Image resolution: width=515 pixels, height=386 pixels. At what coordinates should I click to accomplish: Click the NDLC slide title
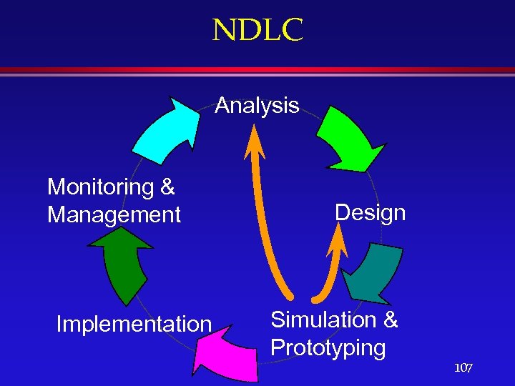(257, 30)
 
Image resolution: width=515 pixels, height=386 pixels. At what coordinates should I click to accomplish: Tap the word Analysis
(257, 106)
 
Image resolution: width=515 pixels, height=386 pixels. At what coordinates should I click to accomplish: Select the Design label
(370, 213)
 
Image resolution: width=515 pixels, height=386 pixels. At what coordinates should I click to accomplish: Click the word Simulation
(323, 320)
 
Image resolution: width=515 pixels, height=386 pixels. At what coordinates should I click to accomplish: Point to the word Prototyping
(328, 349)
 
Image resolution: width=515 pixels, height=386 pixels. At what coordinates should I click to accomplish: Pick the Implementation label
(134, 325)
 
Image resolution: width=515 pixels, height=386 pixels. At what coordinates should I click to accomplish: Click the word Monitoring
(101, 187)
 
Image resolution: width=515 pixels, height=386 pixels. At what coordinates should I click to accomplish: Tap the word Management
(114, 214)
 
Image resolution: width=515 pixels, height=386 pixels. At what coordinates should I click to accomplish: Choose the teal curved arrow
(374, 275)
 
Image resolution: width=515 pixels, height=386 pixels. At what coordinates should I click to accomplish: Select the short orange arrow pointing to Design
(330, 272)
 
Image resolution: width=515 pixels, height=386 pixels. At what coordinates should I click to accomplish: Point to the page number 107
(463, 368)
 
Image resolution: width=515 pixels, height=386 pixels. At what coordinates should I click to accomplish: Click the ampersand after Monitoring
(167, 187)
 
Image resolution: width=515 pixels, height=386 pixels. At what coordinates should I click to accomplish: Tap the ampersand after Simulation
(391, 320)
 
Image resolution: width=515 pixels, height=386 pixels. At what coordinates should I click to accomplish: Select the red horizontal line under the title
(257, 71)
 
